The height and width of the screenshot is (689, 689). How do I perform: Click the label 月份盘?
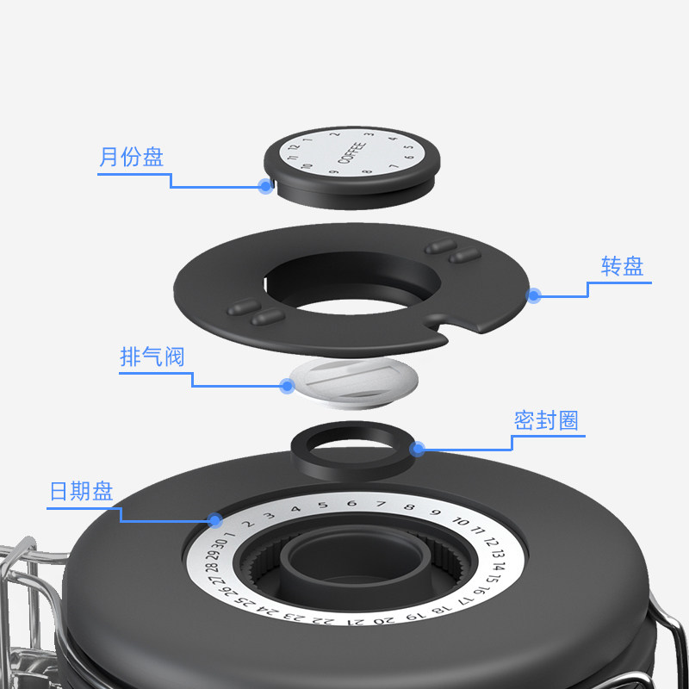pos(131,158)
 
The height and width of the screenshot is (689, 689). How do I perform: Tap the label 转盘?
pos(622,266)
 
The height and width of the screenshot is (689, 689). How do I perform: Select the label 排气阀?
pos(152,357)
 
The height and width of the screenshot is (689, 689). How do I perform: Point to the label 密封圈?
pos(546,420)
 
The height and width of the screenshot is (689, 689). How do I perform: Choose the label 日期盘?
pos(82,491)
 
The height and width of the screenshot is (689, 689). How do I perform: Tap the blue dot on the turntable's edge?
pos(534,295)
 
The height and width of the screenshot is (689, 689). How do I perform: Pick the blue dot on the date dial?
pos(214,519)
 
